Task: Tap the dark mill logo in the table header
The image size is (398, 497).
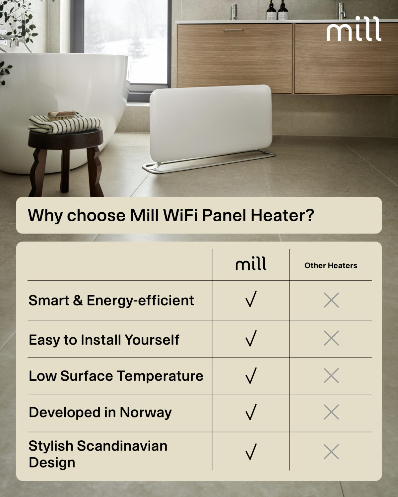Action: tap(251, 264)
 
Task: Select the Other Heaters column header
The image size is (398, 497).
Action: tap(331, 265)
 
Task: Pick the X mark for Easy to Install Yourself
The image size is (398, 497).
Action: tap(331, 338)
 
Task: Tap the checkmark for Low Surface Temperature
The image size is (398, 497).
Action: tap(251, 375)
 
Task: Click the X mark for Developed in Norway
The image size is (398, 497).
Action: tap(331, 412)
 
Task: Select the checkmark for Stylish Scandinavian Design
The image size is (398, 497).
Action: tap(251, 452)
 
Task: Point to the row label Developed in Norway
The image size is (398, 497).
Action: tap(100, 413)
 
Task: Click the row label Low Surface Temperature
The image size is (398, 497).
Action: tap(116, 376)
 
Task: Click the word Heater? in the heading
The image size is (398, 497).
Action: tap(282, 215)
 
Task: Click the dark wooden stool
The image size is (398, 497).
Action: tap(66, 156)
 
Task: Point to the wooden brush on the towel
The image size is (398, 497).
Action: tap(62, 115)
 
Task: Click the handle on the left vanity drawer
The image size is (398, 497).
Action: tap(233, 30)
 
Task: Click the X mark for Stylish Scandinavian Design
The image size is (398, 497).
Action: tap(331, 452)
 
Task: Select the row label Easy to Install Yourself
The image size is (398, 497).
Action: tap(104, 340)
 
